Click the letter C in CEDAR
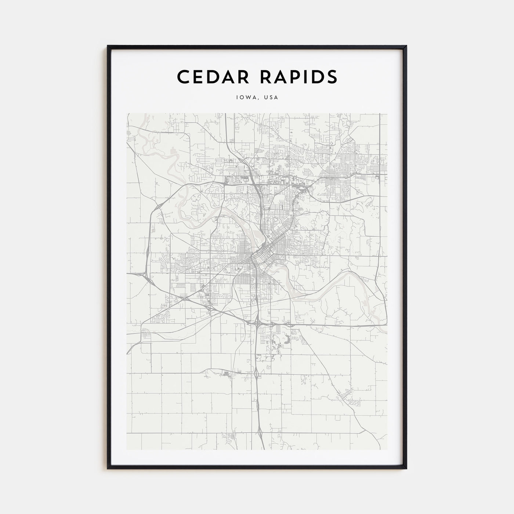[183, 77]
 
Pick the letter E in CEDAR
[199, 77]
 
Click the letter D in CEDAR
[214, 77]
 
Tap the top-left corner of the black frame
[108, 46]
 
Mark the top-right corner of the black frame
[406, 46]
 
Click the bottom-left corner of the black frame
[108, 468]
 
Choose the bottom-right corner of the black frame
[406, 468]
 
